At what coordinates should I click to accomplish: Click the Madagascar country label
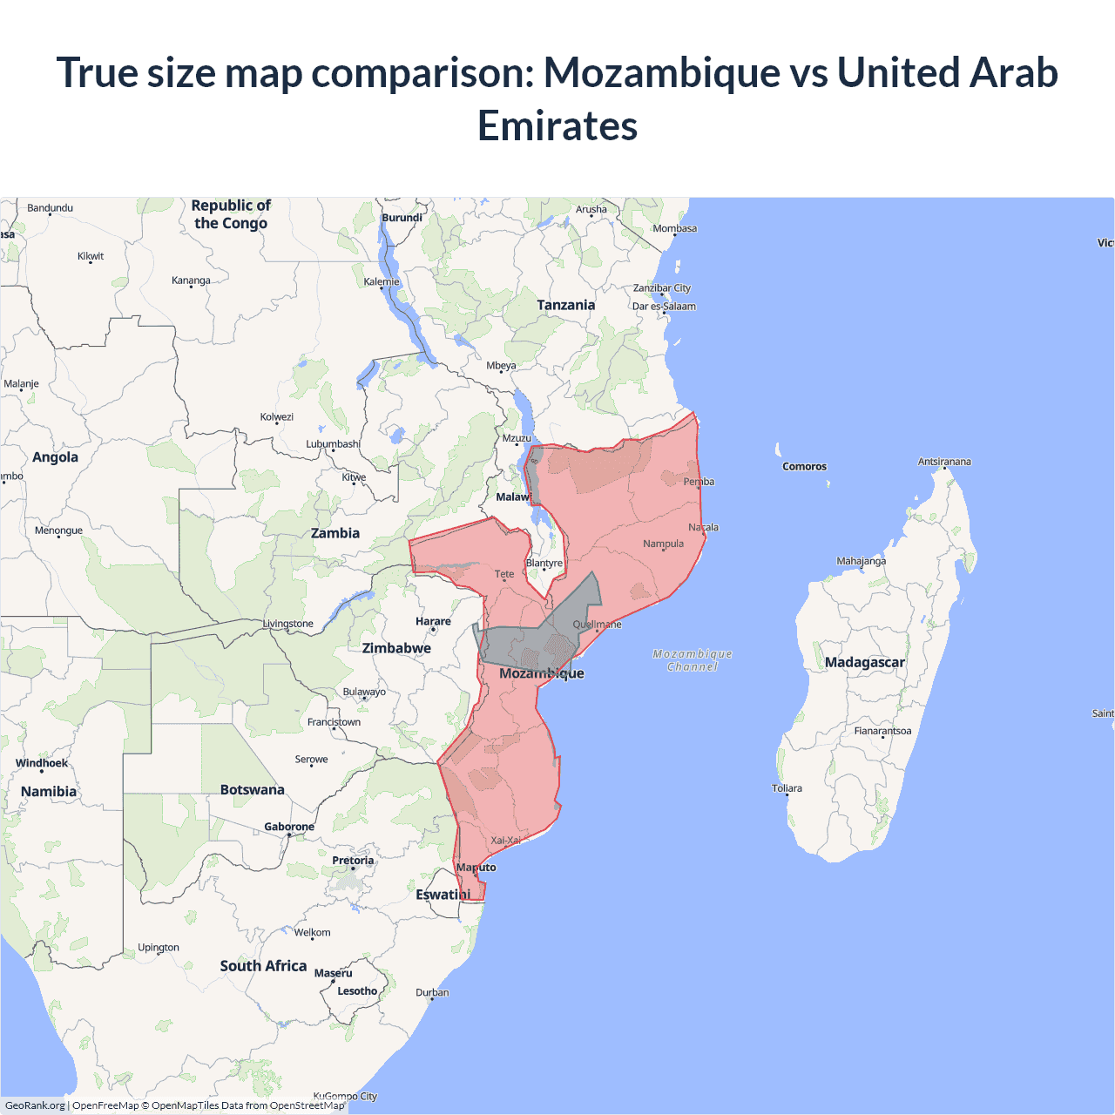click(x=864, y=662)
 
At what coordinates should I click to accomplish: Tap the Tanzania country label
click(x=565, y=305)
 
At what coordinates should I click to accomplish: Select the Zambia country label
click(x=335, y=533)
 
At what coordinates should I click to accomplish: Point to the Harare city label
click(x=433, y=621)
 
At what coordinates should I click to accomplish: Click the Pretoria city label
click(x=353, y=861)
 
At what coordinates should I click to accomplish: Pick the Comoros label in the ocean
click(x=804, y=467)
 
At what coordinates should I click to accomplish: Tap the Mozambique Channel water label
click(x=693, y=660)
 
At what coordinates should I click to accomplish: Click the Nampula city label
click(x=663, y=544)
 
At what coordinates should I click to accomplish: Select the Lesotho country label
click(x=357, y=991)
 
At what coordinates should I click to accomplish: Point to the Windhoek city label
click(x=42, y=763)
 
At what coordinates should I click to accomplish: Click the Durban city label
click(x=432, y=992)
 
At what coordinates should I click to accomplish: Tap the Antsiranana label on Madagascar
click(x=943, y=462)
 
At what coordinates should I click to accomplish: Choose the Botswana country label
click(x=252, y=790)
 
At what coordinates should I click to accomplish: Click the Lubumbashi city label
click(x=333, y=444)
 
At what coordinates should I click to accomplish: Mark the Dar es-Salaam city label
click(x=664, y=307)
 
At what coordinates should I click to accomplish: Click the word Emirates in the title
click(x=557, y=125)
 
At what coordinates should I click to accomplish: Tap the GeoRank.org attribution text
click(x=35, y=1105)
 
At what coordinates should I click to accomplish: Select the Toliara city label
click(x=787, y=788)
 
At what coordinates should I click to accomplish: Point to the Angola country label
click(x=55, y=457)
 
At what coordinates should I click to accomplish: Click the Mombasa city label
click(x=674, y=228)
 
